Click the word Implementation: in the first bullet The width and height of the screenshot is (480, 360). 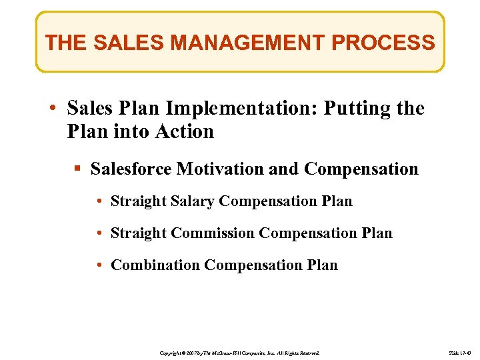click(244, 109)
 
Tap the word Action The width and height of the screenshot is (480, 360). click(185, 131)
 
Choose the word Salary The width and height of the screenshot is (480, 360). click(192, 201)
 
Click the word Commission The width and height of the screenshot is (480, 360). click(213, 233)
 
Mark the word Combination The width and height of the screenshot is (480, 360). click(155, 265)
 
